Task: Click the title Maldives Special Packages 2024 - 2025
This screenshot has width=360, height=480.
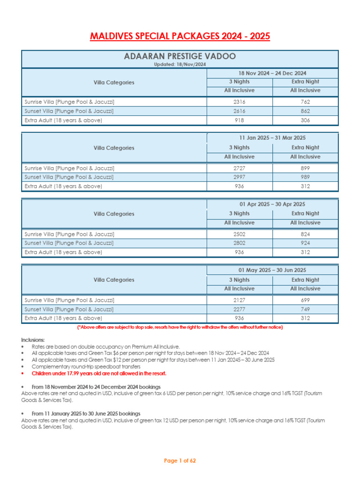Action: (x=180, y=37)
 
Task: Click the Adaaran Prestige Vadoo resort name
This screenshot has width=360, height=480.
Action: (x=180, y=57)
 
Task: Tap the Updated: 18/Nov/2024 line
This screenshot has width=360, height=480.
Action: (x=180, y=64)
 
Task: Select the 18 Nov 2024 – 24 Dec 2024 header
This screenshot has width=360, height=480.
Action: (x=272, y=73)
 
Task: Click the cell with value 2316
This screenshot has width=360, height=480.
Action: (x=240, y=102)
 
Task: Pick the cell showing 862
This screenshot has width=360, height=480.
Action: (x=305, y=111)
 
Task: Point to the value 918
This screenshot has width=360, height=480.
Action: (x=240, y=120)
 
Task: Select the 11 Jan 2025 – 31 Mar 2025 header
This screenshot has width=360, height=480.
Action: (x=272, y=138)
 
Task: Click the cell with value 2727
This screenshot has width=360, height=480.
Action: (x=240, y=168)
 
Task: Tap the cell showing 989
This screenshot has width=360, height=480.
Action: (x=305, y=177)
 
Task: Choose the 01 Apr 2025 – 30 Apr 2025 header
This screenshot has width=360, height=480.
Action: (x=272, y=204)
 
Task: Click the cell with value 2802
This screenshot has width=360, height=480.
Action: (x=240, y=243)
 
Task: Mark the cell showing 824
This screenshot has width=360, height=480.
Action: (x=305, y=234)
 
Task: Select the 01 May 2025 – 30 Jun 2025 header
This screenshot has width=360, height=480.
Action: (x=272, y=270)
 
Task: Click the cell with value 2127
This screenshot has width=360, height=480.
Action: (x=240, y=300)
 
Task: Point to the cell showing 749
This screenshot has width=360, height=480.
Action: (x=305, y=309)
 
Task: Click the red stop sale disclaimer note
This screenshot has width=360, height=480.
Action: (x=180, y=327)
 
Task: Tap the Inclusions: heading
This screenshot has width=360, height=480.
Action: (x=33, y=339)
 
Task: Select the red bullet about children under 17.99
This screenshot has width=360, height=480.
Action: (x=98, y=374)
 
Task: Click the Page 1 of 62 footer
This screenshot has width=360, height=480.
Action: (x=180, y=461)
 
